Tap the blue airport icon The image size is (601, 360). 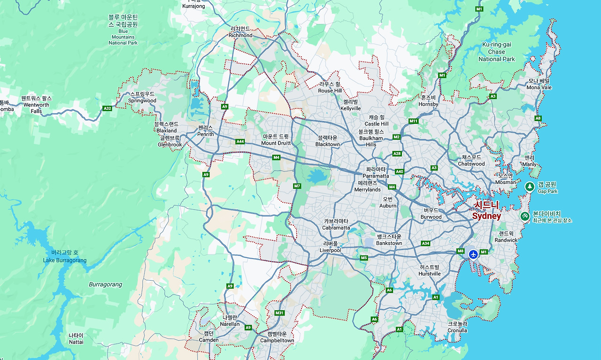[x=473, y=254]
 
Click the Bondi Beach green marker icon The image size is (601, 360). [x=524, y=216]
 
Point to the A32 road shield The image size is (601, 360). [x=107, y=108]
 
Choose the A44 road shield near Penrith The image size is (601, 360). [x=240, y=141]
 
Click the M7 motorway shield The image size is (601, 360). [x=297, y=186]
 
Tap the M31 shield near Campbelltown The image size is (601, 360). [x=279, y=313]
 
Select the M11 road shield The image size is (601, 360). [x=413, y=121]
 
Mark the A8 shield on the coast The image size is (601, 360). [x=538, y=118]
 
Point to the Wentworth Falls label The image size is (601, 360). [x=36, y=105]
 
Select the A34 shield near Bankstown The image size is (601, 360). [x=425, y=244]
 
